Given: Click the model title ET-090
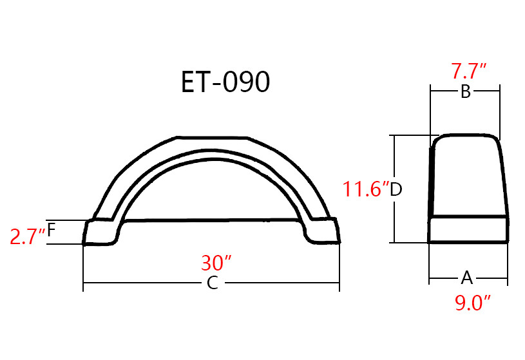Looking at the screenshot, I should (x=225, y=83).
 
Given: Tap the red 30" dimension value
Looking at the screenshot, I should (x=216, y=263).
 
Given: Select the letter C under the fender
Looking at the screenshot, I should (x=212, y=283).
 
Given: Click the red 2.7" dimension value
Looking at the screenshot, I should (x=27, y=236).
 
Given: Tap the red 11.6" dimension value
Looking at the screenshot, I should (x=366, y=190).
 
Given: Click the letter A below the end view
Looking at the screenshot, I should (x=467, y=278).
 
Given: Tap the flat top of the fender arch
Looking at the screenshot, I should (x=212, y=137).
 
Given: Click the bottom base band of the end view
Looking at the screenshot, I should (x=469, y=230).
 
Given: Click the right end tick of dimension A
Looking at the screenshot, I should (x=508, y=278).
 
